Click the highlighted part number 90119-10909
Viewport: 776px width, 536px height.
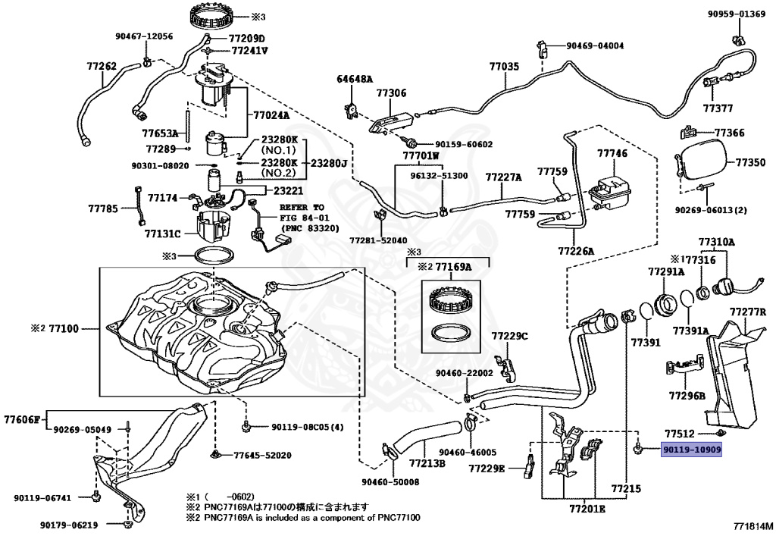tap(692, 450)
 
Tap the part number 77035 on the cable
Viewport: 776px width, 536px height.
tap(504, 67)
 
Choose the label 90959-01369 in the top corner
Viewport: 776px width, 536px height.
tap(737, 14)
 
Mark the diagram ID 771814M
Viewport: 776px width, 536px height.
tap(753, 525)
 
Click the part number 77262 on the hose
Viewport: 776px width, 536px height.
tap(101, 67)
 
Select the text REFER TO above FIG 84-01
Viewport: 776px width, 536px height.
tap(302, 207)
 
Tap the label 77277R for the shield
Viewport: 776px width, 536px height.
tap(749, 312)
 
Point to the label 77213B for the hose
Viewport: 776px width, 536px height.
tap(427, 462)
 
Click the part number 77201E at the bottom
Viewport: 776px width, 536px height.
tap(587, 509)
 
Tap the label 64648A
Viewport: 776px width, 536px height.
tap(355, 79)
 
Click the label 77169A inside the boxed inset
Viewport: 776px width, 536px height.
tap(455, 267)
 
